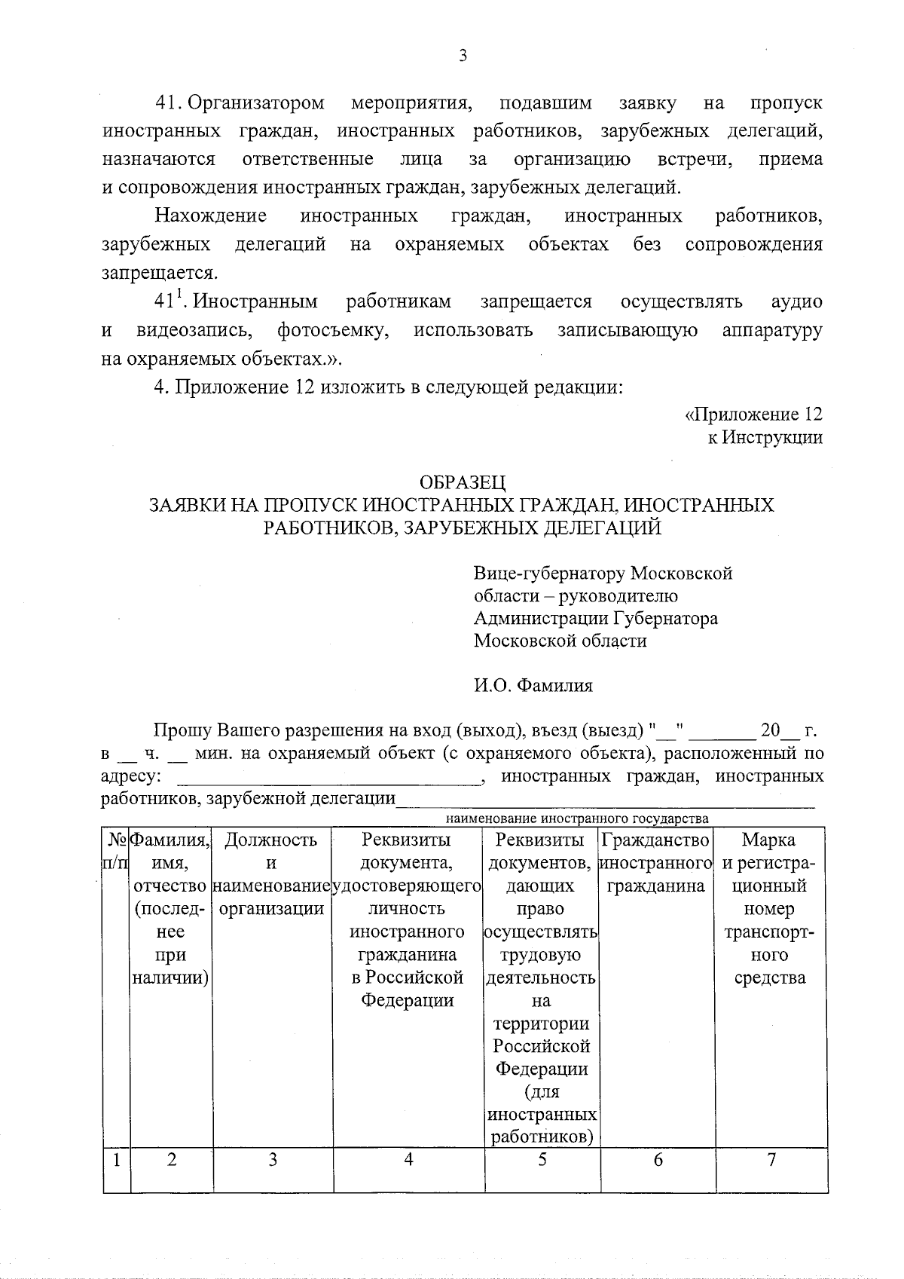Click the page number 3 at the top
(x=463, y=55)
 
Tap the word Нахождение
(x=211, y=216)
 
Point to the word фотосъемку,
(x=333, y=330)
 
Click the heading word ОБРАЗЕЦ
(x=462, y=482)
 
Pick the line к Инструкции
(x=765, y=437)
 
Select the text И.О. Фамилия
(x=533, y=686)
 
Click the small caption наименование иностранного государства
(x=577, y=818)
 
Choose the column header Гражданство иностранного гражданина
(x=657, y=863)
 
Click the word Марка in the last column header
(x=769, y=840)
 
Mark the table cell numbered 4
(x=408, y=1160)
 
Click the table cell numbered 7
(x=771, y=1160)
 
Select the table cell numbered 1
(x=117, y=1160)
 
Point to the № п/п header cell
(x=117, y=851)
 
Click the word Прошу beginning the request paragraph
(x=183, y=731)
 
